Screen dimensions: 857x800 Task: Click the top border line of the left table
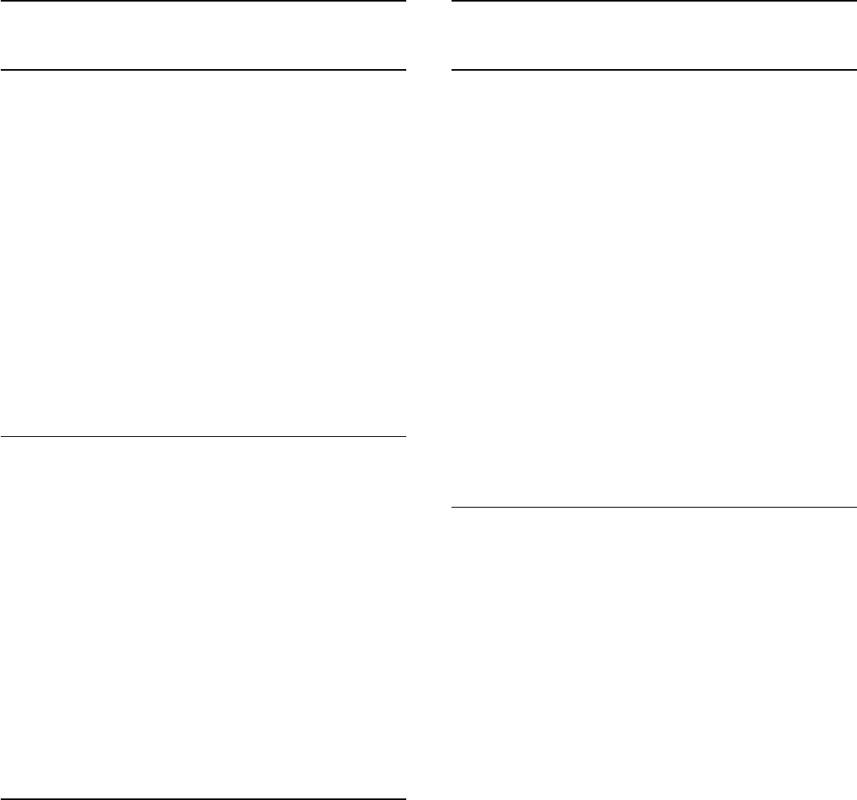(203, 1)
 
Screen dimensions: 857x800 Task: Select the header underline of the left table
(203, 70)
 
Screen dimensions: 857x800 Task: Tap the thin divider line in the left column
(203, 436)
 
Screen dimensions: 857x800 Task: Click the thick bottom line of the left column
(203, 798)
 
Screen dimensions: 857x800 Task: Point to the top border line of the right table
(653, 1)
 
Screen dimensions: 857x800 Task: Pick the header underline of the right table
(653, 70)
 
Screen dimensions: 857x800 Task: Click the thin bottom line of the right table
(653, 506)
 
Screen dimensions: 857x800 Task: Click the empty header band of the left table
(203, 36)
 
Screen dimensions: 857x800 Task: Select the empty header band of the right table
(653, 36)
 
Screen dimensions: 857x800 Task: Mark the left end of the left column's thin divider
(2, 436)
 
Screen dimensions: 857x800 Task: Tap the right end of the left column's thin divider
(404, 436)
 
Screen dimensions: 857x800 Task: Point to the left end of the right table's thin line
(453, 506)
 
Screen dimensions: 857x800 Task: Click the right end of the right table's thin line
(855, 506)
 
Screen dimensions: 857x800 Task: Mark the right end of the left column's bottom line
(404, 798)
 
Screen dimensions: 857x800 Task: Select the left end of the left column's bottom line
(2, 798)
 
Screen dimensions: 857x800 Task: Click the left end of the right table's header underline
(453, 70)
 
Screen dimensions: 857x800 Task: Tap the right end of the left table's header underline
(404, 70)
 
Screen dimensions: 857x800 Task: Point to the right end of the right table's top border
(855, 1)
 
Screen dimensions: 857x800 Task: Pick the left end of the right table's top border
(453, 1)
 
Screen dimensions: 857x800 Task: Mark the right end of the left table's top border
(404, 1)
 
